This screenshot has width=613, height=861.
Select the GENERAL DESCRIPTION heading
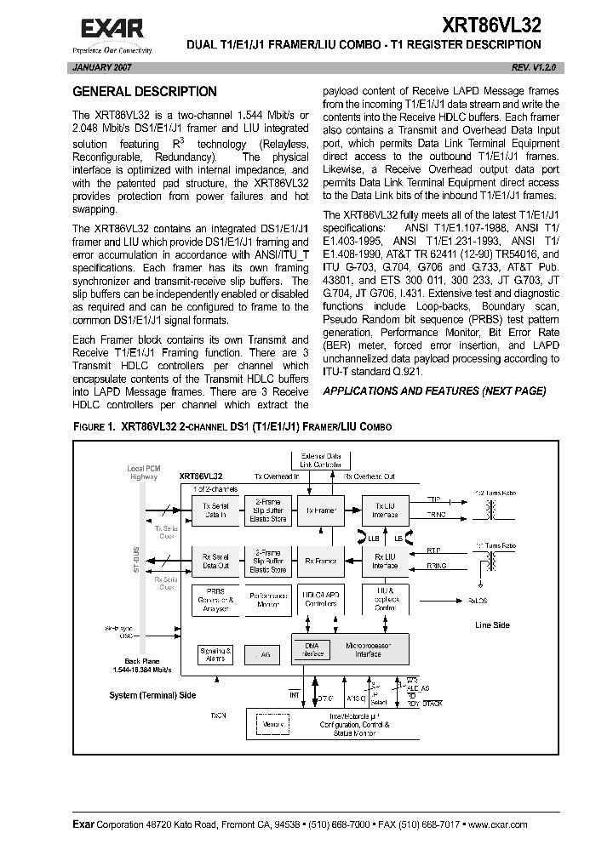pos(144,92)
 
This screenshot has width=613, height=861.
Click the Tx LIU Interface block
pos(385,510)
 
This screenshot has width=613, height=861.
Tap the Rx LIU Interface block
pos(385,561)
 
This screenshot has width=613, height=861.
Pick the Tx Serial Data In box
pos(215,510)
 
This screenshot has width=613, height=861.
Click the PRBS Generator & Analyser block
pos(215,600)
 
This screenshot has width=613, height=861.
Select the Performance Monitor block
pos(266,600)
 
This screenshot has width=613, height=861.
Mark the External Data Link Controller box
pos(317,460)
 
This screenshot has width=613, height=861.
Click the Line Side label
pos(492,625)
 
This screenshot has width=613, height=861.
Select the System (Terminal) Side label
pos(152,695)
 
